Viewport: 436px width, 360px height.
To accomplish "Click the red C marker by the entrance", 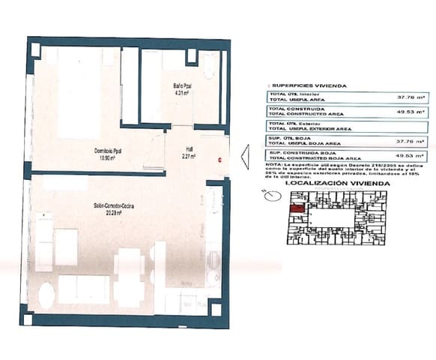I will point(219,159).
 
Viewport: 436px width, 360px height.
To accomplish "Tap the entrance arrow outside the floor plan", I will point(244,156).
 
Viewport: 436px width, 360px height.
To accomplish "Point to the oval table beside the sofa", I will point(40,294).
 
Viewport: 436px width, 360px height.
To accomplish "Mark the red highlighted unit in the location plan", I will point(297,209).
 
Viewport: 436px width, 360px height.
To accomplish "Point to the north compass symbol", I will point(270,194).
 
